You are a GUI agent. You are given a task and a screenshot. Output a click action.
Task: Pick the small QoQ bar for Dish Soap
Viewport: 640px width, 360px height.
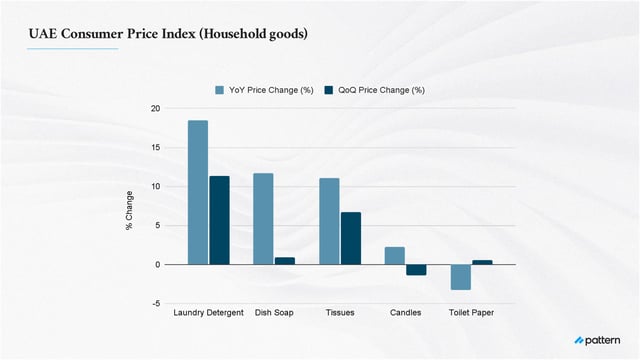285,261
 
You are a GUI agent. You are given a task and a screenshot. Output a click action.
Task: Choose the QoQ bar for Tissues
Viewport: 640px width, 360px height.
350,238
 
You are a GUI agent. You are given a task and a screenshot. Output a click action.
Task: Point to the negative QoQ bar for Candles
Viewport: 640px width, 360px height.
416,270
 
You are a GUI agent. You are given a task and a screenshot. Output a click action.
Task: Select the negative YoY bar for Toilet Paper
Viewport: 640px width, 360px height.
460,277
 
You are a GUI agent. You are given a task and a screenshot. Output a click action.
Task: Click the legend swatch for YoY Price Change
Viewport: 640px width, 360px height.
221,90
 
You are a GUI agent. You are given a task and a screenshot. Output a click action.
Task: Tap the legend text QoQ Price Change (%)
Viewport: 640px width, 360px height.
381,90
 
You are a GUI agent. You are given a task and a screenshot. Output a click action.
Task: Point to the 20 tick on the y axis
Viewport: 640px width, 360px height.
155,108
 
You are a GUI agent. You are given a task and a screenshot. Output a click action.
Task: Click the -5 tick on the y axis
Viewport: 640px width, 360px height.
155,303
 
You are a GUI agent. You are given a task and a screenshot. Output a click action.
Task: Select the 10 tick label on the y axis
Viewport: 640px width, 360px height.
155,186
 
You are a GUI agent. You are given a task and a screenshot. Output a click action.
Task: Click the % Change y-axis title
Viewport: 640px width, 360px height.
129,211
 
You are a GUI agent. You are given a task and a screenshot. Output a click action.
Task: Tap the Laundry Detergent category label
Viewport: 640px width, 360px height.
208,313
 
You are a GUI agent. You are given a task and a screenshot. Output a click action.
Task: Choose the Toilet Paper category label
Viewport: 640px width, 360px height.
471,313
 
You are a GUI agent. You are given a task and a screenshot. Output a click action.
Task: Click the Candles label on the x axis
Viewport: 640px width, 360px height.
405,313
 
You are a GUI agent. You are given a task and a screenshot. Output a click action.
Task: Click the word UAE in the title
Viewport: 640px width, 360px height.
43,34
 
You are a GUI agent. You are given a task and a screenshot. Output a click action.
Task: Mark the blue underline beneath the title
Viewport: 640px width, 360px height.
72,48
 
